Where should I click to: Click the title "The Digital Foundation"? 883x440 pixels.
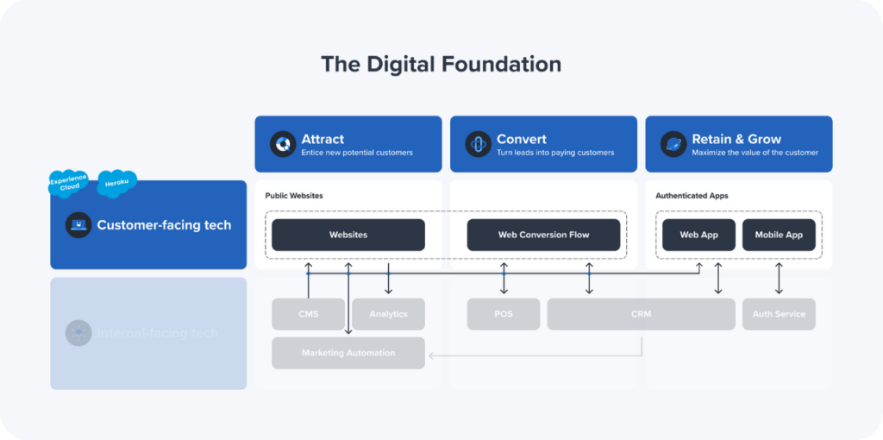441,65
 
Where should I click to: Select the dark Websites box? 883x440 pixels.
348,235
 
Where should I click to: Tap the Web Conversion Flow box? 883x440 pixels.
543,235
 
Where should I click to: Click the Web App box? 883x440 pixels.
698,235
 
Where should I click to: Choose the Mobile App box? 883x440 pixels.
779,235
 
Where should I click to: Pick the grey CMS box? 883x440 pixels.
308,314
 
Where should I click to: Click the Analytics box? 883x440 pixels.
388,314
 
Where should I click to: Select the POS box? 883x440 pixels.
504,314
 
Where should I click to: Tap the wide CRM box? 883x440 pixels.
641,314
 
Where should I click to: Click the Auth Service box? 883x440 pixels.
779,314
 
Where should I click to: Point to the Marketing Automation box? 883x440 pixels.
348,353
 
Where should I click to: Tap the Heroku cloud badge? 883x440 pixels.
116,183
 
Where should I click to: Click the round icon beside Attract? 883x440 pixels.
283,144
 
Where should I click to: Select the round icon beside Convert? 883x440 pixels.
478,144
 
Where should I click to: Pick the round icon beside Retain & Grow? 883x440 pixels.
673,144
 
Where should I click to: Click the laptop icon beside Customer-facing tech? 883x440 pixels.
78,225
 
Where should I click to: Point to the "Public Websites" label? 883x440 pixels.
294,196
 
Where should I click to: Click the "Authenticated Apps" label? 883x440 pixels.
692,196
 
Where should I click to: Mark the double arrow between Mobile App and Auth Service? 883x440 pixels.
779,279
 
